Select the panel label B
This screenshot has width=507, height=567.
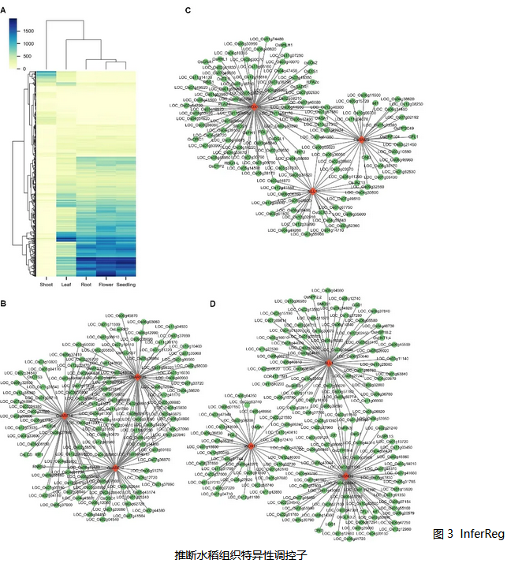(x=4, y=304)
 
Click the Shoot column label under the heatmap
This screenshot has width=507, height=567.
(x=46, y=285)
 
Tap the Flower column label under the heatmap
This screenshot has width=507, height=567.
(x=105, y=285)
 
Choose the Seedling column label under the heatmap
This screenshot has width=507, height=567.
(x=126, y=285)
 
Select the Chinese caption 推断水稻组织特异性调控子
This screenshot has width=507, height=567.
(x=236, y=555)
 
